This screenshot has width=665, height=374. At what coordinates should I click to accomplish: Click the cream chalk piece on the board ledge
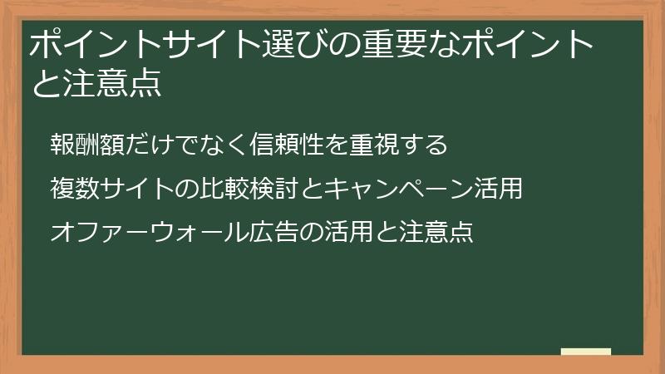click(x=585, y=352)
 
